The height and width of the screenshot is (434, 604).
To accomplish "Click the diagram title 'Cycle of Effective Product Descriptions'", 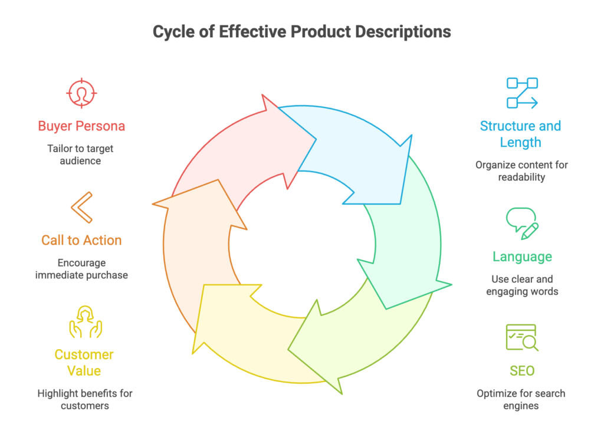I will [301, 31].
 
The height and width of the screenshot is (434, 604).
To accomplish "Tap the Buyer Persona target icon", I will [82, 93].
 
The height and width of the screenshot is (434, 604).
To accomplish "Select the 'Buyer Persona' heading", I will [81, 126].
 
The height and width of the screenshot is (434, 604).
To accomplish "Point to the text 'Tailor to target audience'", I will [81, 154].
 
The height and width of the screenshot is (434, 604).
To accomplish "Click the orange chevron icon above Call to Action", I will [81, 208].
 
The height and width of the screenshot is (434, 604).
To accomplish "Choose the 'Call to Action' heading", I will [81, 241].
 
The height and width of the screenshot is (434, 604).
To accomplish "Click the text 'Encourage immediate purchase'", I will [81, 269].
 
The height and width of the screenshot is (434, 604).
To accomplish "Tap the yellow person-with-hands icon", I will [86, 321].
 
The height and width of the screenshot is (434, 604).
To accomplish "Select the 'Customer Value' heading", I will [84, 363].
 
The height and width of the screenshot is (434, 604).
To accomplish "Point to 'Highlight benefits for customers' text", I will [84, 399].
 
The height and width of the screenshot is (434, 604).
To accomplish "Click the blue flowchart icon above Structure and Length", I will [522, 93].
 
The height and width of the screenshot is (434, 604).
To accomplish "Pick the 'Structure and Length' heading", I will [520, 134].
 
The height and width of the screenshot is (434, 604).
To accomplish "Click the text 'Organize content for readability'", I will [521, 171].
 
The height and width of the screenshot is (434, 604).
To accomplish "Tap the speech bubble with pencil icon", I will [522, 223].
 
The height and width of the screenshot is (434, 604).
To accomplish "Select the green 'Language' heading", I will [522, 257].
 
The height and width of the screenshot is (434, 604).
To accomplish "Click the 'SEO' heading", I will [522, 371].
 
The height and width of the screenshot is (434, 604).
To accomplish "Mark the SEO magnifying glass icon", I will [522, 338].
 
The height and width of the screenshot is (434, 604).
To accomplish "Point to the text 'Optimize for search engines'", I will [521, 399].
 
